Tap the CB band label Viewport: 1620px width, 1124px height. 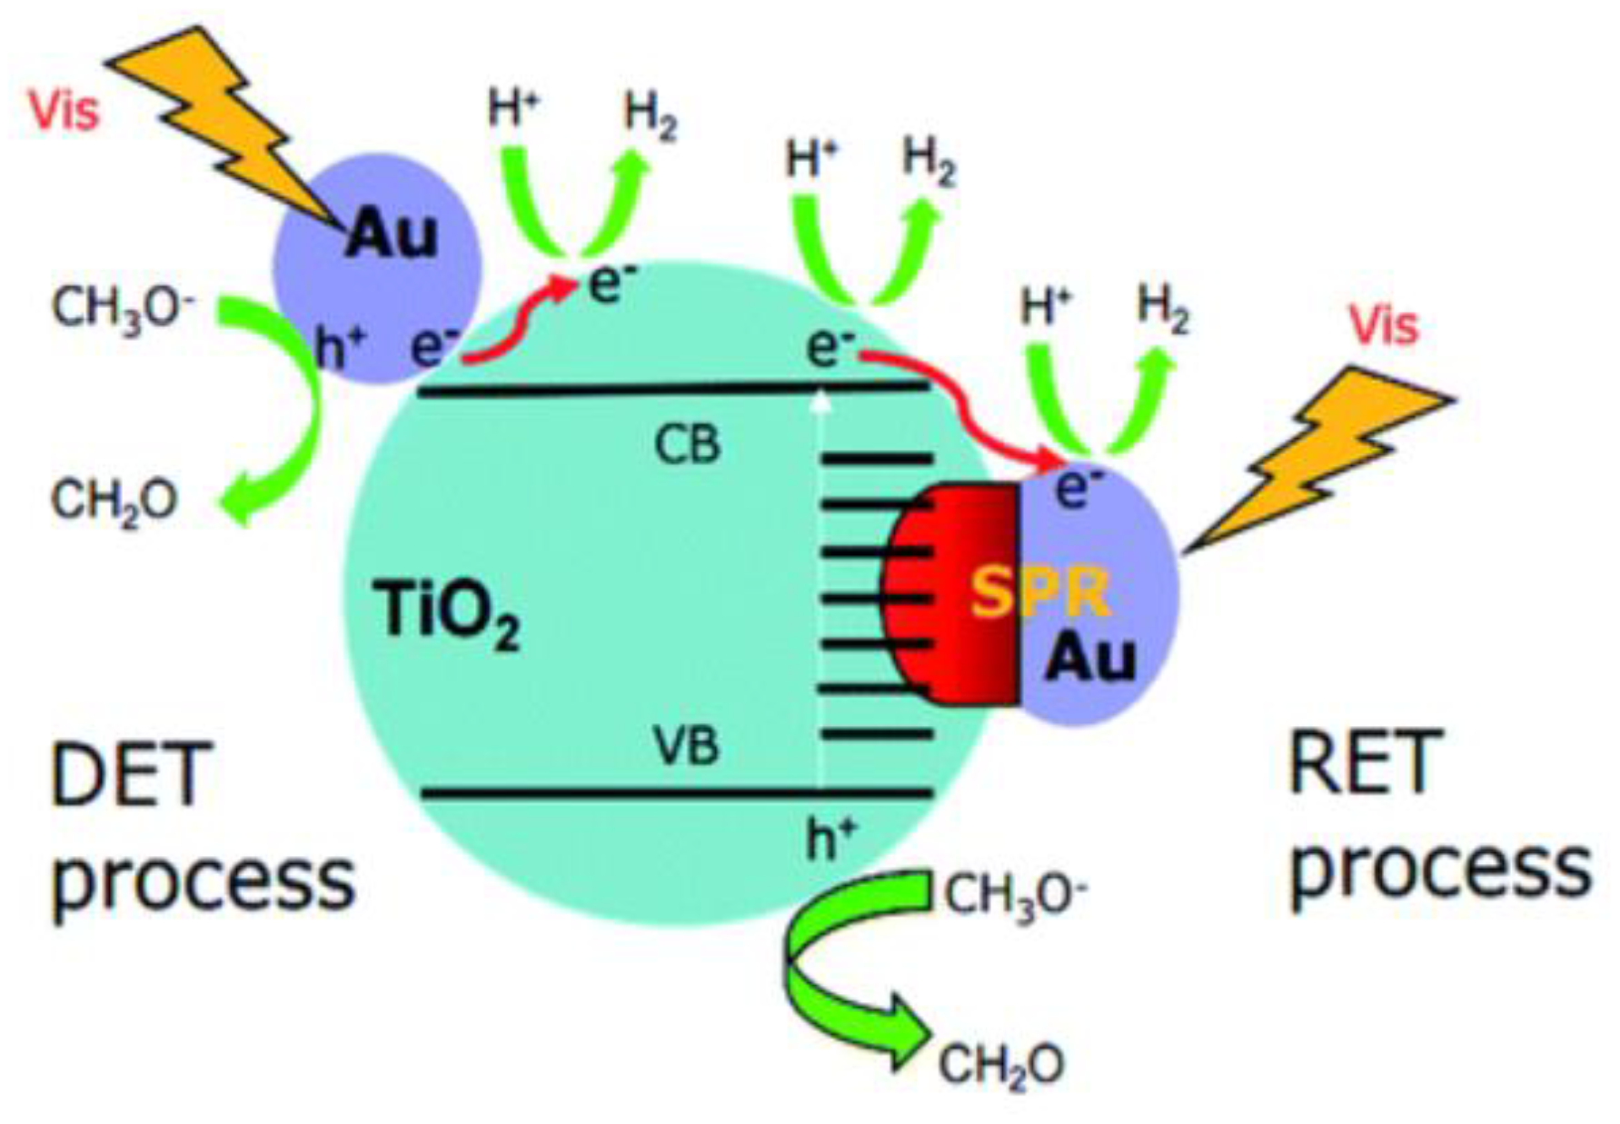coord(687,445)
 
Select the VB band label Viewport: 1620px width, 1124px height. coord(687,747)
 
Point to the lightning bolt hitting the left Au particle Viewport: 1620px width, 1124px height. coord(227,127)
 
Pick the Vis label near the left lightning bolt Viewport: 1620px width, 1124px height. coord(65,112)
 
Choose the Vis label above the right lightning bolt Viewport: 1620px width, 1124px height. coord(1383,324)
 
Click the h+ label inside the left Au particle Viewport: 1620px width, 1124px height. coord(341,348)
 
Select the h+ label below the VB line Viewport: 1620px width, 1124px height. coord(831,838)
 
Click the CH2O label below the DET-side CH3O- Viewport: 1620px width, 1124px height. coord(114,501)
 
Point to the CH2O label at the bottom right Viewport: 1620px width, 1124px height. coord(1000,1064)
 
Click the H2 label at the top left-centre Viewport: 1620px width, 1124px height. coord(651,117)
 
